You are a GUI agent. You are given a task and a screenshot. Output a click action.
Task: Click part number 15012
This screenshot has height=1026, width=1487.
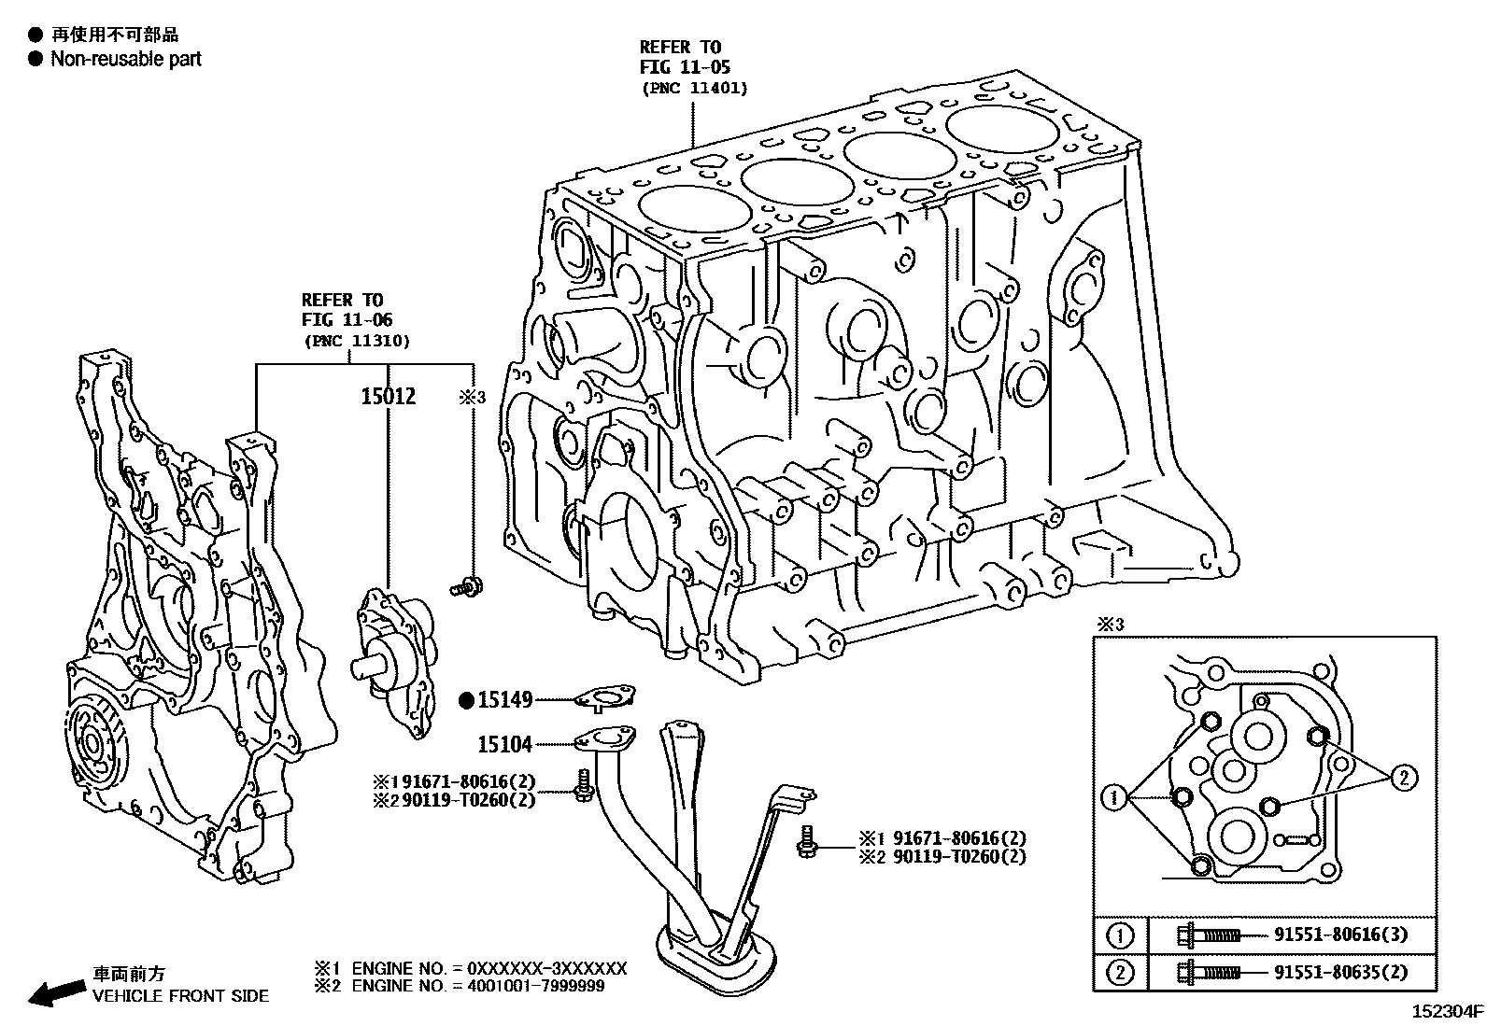[x=388, y=397]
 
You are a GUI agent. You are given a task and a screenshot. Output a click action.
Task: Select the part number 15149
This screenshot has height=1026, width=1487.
[x=504, y=699]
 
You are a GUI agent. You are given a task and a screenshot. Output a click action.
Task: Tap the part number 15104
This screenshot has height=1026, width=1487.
[x=504, y=744]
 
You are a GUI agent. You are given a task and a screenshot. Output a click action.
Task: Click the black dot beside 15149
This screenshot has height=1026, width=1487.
[x=466, y=699]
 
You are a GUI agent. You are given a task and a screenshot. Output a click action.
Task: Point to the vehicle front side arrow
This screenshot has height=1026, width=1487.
[x=52, y=992]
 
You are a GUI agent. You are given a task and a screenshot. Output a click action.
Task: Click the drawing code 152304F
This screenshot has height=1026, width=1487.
[x=1446, y=1011]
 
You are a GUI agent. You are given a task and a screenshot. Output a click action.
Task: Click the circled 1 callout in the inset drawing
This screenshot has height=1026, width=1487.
[x=1113, y=797]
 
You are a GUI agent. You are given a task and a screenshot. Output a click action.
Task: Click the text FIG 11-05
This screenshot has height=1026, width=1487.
[x=684, y=67]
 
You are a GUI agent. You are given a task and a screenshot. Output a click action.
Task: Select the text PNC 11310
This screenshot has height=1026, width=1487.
[x=356, y=341]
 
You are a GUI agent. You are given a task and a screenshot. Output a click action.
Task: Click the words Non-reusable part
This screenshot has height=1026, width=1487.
[x=125, y=59]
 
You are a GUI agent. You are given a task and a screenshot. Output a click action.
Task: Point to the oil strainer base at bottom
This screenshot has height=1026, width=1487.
[x=715, y=952]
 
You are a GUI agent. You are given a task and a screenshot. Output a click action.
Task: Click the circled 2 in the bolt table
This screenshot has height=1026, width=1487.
[x=1120, y=973]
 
